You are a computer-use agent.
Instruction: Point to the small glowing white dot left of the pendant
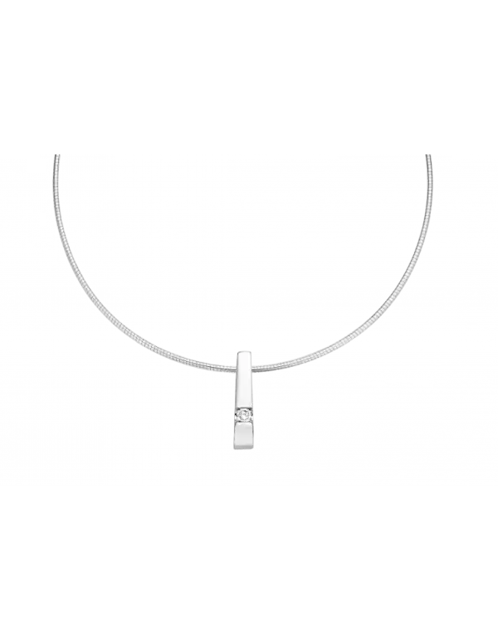[x=136, y=349]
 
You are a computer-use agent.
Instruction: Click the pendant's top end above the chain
[x=244, y=354]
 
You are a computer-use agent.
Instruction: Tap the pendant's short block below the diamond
[x=244, y=435]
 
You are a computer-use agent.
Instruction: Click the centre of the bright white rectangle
[x=225, y=209]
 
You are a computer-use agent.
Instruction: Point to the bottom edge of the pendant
[x=244, y=449]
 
